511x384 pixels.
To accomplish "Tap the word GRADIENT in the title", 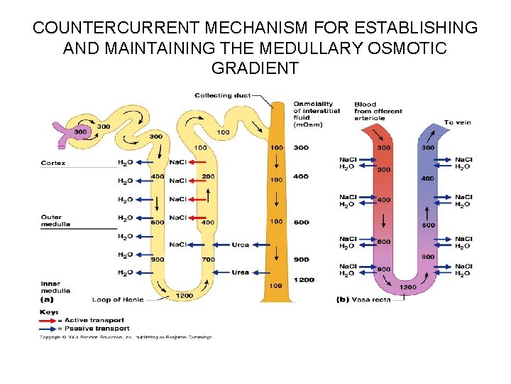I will tap(255, 69).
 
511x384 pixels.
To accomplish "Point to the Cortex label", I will tap(53, 163).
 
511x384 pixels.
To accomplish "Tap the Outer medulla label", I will tap(51, 220).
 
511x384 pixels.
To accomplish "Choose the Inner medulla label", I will tap(55, 287).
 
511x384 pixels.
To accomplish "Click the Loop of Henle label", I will tap(118, 299).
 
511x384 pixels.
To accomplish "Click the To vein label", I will tap(457, 122).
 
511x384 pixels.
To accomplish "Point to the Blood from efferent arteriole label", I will tap(378, 111).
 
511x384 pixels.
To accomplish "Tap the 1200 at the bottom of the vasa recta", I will tap(408, 287).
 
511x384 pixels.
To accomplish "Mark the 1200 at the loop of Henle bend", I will tap(184, 295).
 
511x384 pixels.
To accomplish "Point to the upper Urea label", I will tap(240, 245).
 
